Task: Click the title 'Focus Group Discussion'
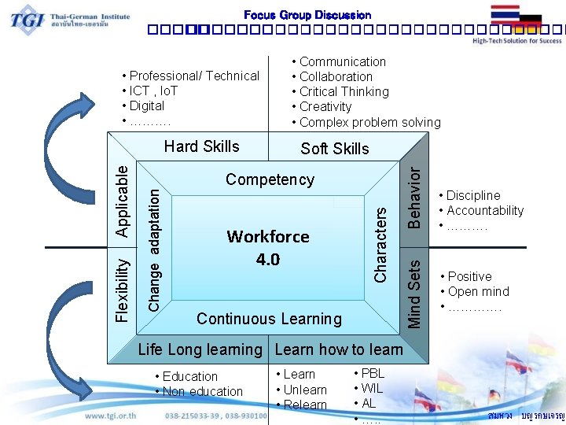tap(307, 15)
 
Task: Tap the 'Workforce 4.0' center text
tap(268, 248)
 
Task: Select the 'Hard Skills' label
tap(201, 146)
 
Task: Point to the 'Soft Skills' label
tap(335, 149)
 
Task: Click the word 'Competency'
tap(270, 179)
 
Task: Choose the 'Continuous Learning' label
tap(269, 319)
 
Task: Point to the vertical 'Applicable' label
tap(123, 197)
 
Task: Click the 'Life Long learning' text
tap(200, 349)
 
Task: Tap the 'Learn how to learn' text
tap(339, 349)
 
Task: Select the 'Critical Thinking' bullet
tap(344, 91)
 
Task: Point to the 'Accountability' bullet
tap(485, 210)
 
